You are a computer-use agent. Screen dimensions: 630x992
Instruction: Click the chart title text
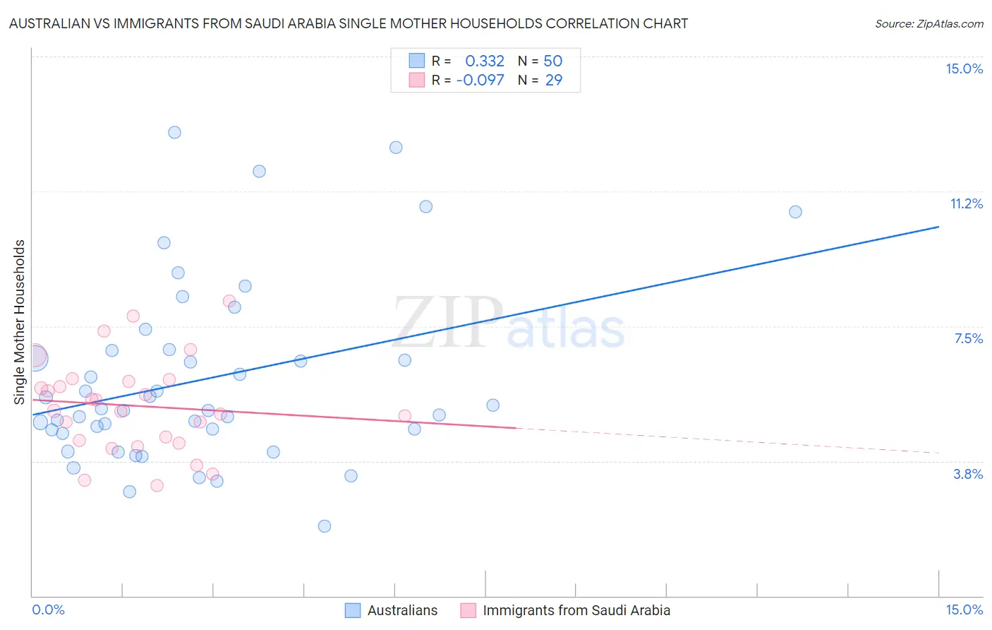[349, 23]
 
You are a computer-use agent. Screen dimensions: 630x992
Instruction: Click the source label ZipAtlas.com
[929, 23]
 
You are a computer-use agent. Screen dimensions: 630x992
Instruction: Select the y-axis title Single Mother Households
[20, 322]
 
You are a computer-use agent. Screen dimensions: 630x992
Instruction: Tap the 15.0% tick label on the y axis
[964, 69]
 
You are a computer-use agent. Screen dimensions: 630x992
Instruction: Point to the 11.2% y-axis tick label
[966, 203]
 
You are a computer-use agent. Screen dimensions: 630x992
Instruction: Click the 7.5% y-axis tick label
[968, 338]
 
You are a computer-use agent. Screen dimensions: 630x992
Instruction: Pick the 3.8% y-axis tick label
[968, 474]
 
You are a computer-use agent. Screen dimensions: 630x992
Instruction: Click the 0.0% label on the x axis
[48, 610]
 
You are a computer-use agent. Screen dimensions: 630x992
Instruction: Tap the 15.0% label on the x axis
[964, 610]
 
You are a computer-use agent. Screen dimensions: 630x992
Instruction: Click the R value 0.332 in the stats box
[485, 61]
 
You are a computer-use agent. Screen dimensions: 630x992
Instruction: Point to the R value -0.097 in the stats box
[480, 81]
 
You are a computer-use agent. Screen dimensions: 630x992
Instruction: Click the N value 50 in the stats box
[552, 61]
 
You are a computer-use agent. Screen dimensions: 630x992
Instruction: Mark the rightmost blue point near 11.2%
[795, 212]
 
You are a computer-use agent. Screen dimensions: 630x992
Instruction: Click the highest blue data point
[174, 132]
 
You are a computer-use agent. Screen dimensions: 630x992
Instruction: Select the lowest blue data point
[325, 526]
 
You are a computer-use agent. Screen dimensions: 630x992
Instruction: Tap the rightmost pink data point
[404, 416]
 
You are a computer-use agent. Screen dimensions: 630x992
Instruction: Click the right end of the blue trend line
[938, 227]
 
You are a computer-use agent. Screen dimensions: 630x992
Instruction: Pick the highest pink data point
[229, 301]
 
